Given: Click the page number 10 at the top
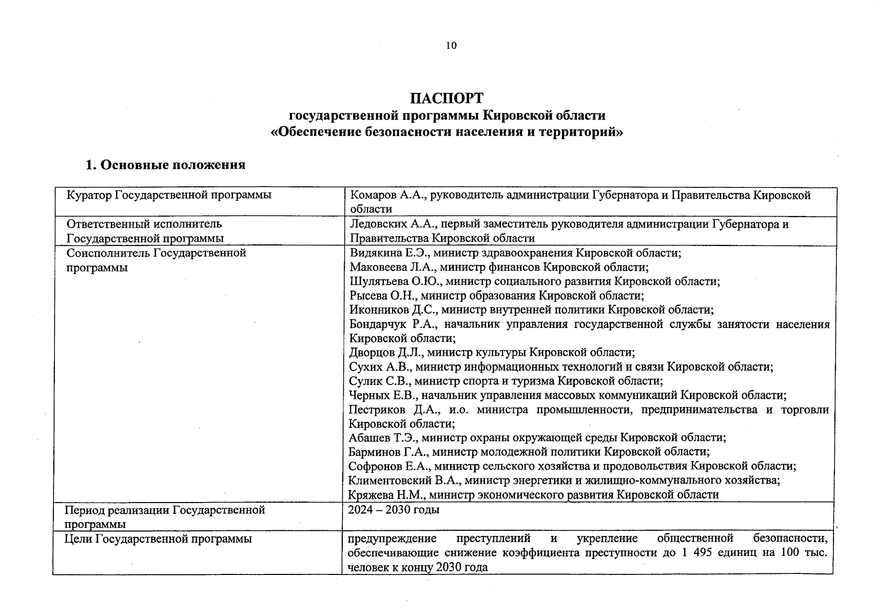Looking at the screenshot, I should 451,46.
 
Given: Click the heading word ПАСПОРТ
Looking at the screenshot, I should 446,98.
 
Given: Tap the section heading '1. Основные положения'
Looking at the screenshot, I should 165,165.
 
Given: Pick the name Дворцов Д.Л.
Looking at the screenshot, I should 385,353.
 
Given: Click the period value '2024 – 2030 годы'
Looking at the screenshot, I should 394,510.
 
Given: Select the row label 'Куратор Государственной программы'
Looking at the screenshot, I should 169,195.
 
